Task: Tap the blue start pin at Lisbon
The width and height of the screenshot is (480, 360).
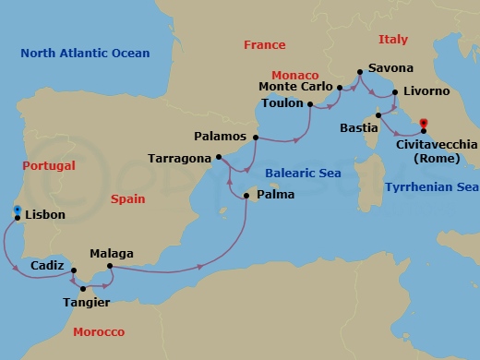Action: (17, 211)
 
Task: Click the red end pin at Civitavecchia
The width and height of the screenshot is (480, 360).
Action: (424, 124)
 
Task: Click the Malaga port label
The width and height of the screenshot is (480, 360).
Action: (112, 254)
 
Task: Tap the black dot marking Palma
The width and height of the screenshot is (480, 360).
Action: (246, 196)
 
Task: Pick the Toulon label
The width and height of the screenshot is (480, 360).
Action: (283, 105)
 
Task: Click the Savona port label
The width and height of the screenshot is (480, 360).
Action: (390, 68)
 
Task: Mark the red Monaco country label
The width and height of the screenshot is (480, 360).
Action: (294, 74)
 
